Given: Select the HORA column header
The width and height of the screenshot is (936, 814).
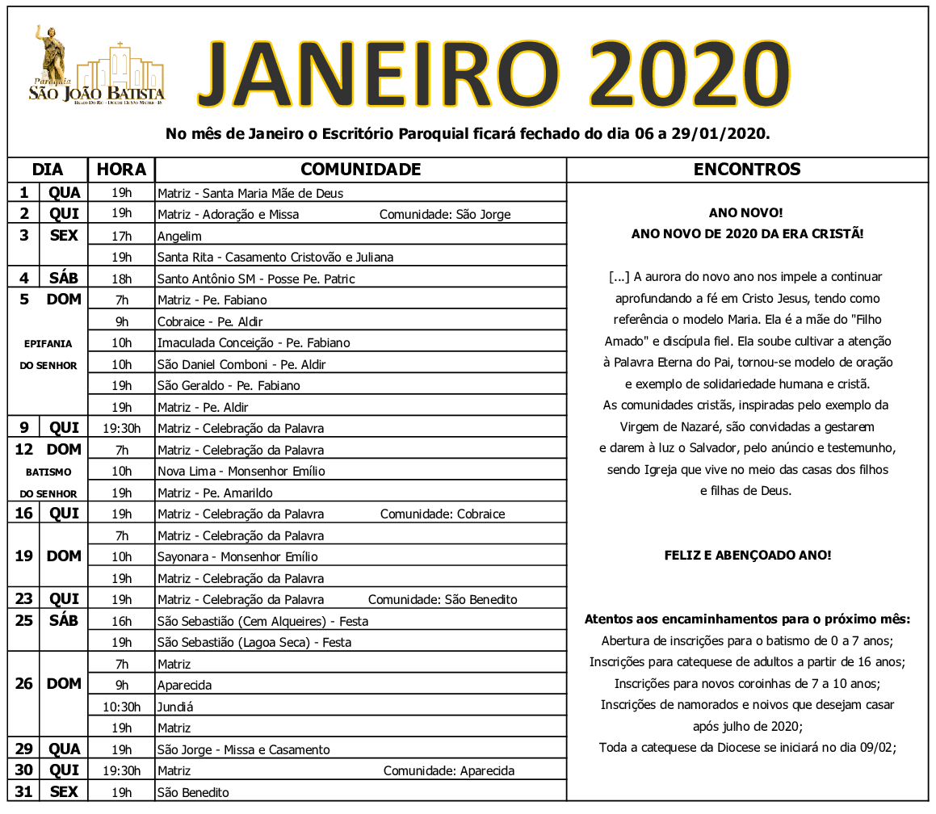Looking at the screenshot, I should (x=121, y=170).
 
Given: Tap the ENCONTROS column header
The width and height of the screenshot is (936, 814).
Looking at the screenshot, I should (x=747, y=170).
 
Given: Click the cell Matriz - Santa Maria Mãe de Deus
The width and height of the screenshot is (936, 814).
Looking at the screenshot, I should (x=250, y=194).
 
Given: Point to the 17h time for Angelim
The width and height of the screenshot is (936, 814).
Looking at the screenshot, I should (x=121, y=237).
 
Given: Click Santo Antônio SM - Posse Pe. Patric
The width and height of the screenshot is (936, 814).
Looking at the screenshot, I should (x=256, y=279).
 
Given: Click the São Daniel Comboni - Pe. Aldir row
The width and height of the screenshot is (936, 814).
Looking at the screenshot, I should (x=241, y=365).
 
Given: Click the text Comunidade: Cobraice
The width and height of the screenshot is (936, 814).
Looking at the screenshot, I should (x=442, y=514).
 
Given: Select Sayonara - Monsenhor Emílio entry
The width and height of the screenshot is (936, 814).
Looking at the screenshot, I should (x=237, y=557).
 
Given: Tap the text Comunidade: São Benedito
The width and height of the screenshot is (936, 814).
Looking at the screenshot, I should (x=443, y=600).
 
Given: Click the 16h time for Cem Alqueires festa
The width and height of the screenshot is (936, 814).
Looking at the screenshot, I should (x=121, y=622).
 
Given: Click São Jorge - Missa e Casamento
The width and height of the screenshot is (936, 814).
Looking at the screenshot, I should (x=243, y=750).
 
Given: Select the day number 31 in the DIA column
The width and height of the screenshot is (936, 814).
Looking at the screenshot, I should (x=24, y=792).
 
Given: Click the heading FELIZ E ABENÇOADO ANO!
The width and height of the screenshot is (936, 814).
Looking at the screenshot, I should (x=747, y=556).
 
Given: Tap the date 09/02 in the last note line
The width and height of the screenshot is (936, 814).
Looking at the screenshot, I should (x=879, y=748).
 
